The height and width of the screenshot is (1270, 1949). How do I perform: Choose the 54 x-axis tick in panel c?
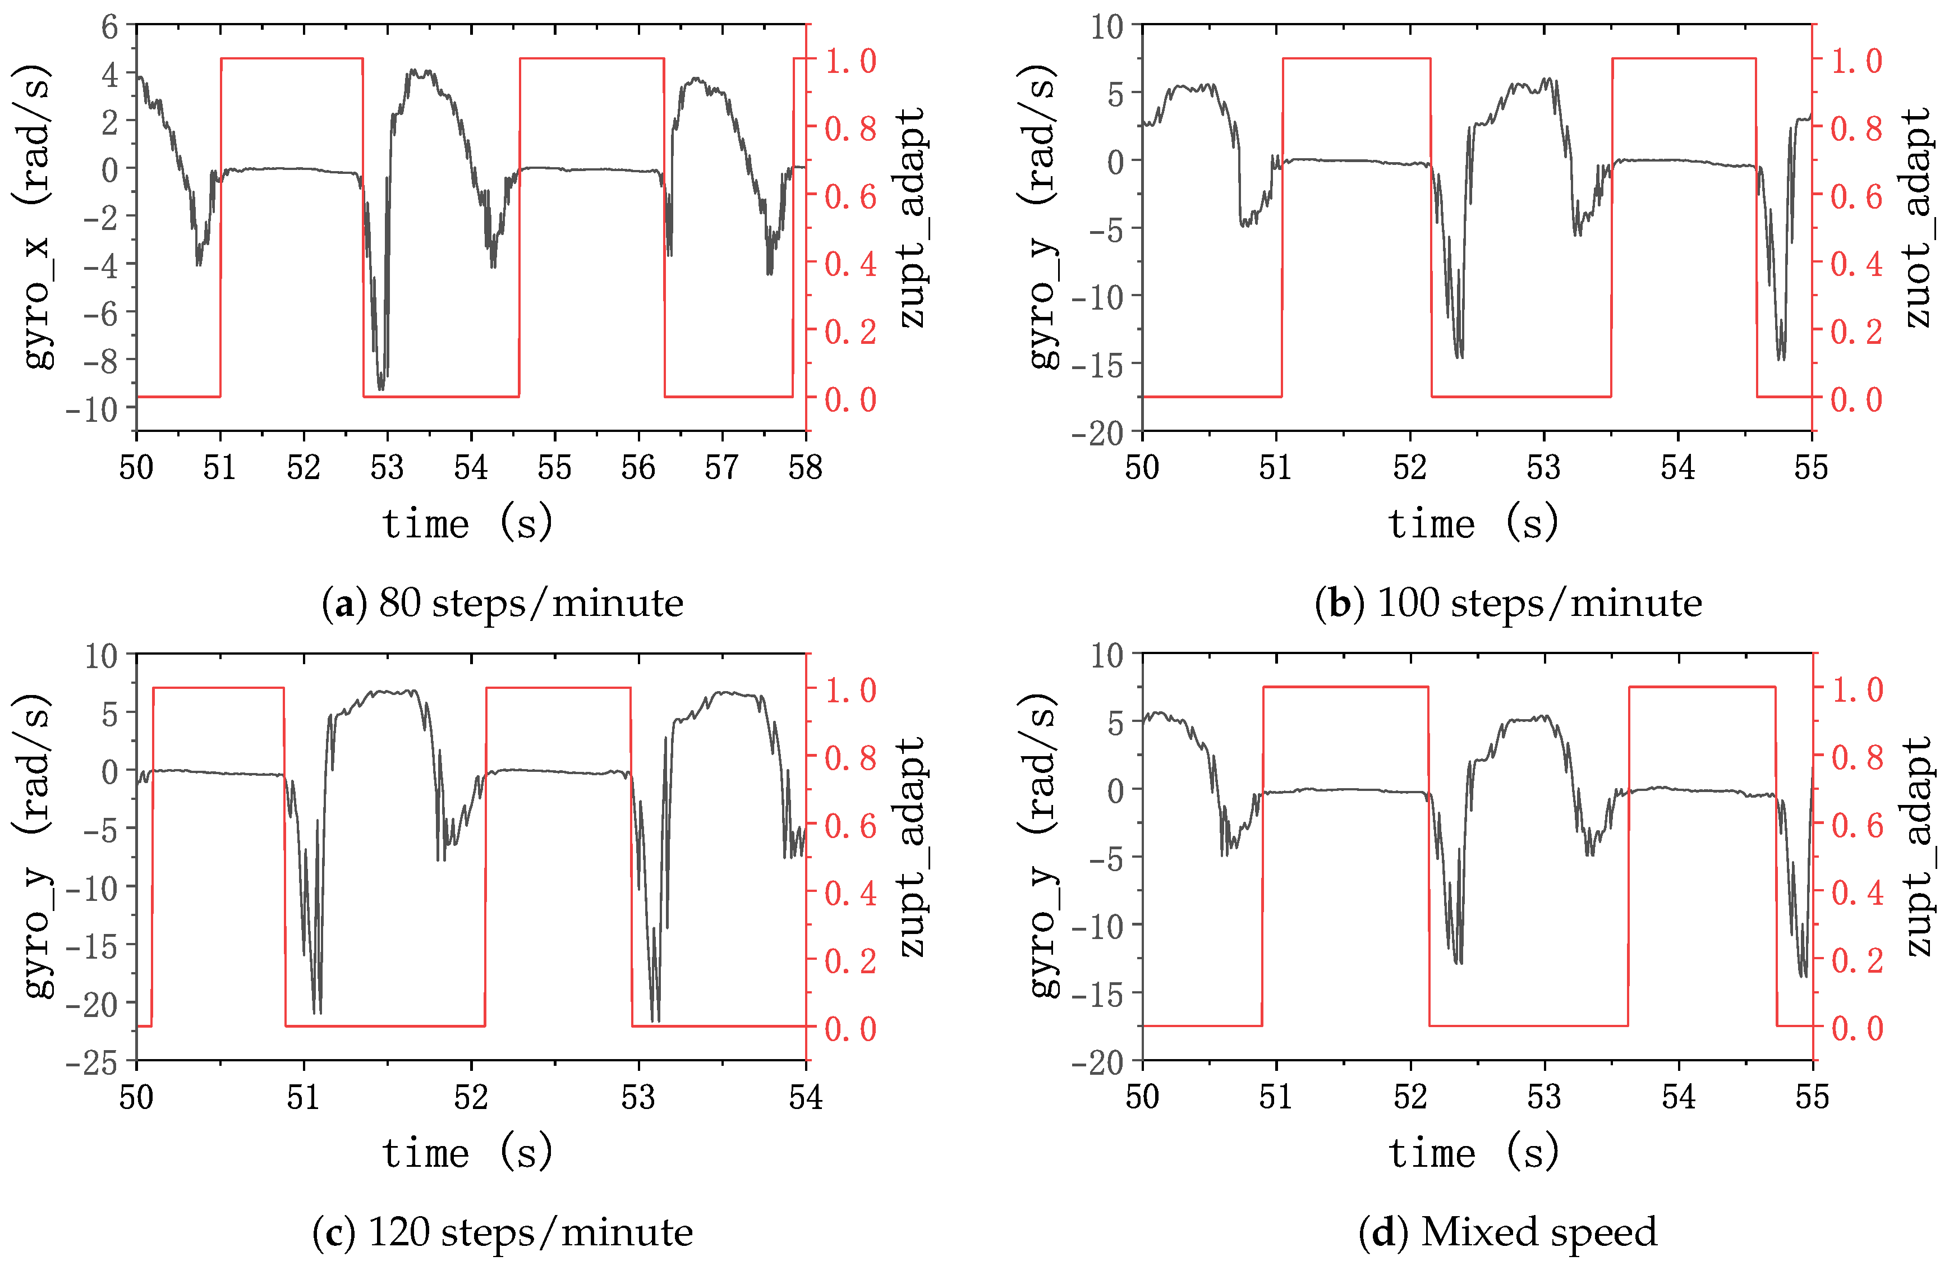[x=805, y=1097]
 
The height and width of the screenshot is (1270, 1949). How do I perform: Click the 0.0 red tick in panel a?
[x=850, y=399]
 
